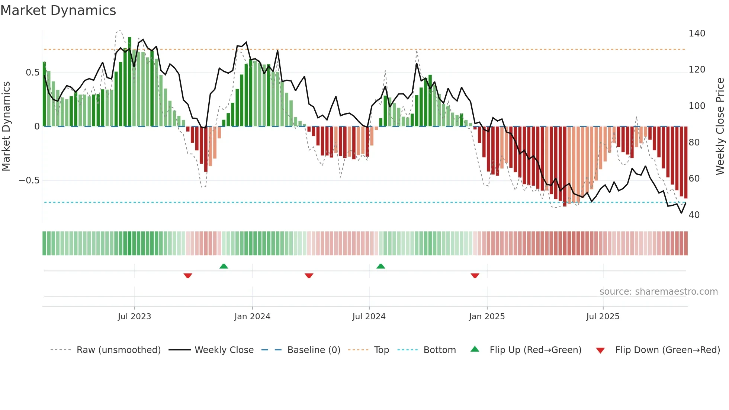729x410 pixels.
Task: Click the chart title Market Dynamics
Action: click(x=58, y=10)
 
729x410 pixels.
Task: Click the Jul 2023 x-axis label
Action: click(x=134, y=317)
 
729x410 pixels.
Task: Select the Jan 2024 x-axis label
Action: click(x=252, y=317)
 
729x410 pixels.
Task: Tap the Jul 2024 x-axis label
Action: click(x=369, y=317)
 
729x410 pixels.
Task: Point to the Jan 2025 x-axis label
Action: click(x=486, y=317)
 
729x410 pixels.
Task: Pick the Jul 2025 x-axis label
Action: click(x=603, y=317)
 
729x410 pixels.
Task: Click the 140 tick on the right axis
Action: click(x=697, y=33)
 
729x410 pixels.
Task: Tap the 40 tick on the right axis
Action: click(x=694, y=215)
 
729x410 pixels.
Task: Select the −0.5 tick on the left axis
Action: click(x=29, y=180)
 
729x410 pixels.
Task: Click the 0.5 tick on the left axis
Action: click(x=32, y=73)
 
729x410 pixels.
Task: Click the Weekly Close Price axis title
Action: click(x=720, y=126)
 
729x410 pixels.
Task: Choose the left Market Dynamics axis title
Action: click(x=6, y=126)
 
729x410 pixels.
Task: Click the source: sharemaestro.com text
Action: click(x=658, y=292)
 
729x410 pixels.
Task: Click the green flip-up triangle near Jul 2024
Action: click(x=380, y=266)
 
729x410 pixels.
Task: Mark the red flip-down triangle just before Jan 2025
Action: click(x=475, y=276)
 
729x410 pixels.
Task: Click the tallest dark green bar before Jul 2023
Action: click(x=129, y=82)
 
